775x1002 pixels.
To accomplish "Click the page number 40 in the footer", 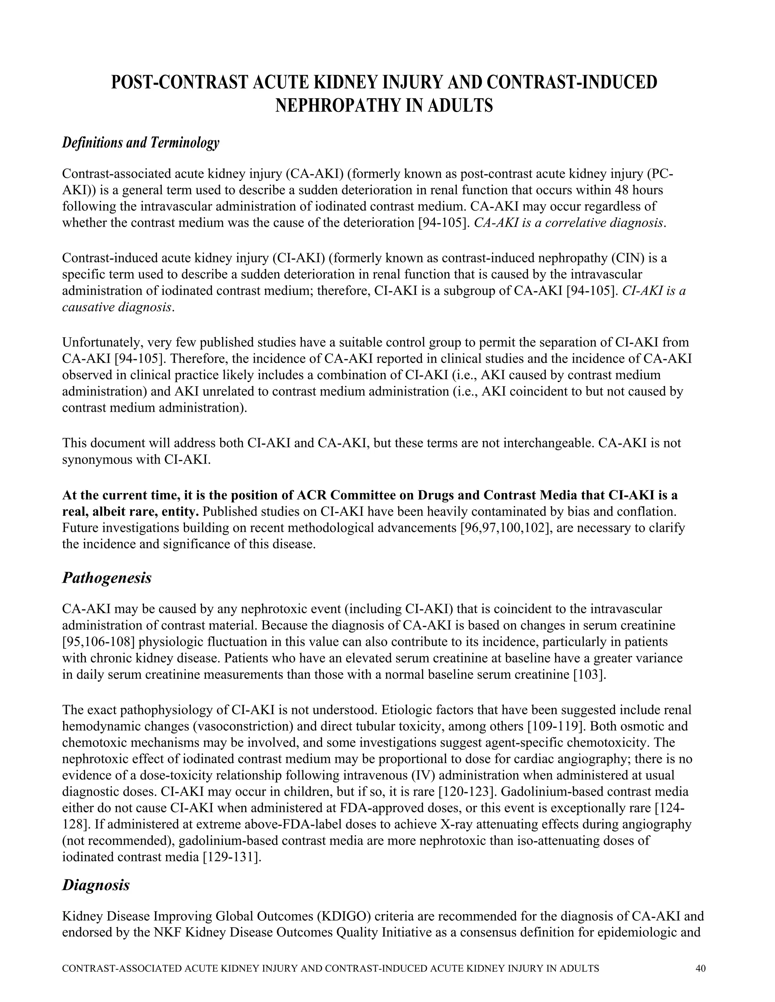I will pos(700,968).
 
